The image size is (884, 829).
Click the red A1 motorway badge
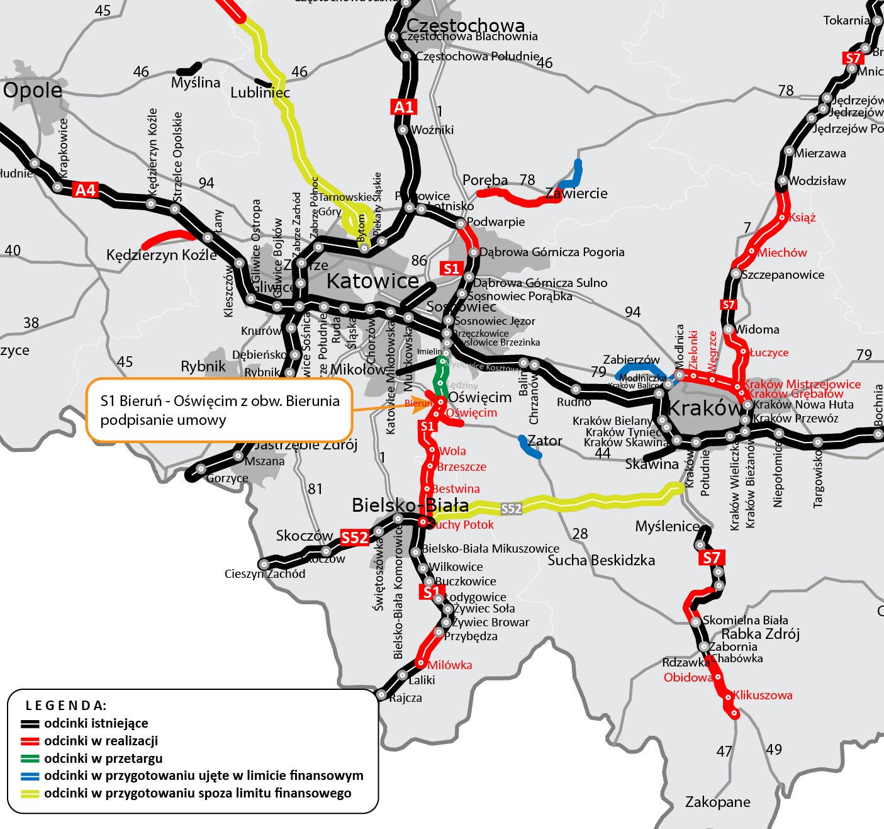pos(403,107)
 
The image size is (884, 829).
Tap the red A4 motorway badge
pos(86,189)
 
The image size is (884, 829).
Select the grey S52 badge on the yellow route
pos(511,509)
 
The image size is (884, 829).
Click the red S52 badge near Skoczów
pos(354,538)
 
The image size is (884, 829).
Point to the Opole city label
pos(33,91)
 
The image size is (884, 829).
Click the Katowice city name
pos(372,281)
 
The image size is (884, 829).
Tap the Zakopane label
pos(717,802)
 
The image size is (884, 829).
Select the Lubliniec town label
pos(260,93)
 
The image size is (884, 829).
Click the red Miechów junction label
pos(782,252)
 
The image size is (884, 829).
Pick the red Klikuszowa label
pos(763,695)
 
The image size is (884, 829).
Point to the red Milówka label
pos(450,665)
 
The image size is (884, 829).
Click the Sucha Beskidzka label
pos(601,560)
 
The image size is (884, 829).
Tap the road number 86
pos(419,261)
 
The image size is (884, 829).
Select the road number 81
pos(315,488)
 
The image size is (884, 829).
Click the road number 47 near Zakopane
pos(724,751)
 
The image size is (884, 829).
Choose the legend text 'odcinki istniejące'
pos(96,723)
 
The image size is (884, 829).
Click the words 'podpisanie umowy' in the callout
pos(163,420)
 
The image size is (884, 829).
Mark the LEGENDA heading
pos(66,705)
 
